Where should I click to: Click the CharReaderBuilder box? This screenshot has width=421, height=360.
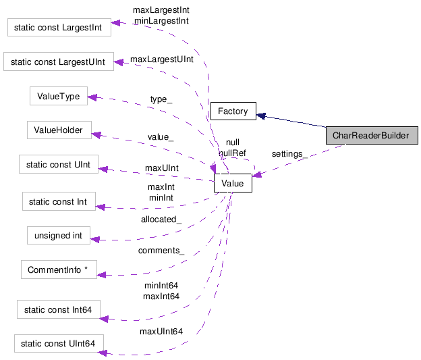[x=370, y=136]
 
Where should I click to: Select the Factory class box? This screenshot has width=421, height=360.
[x=233, y=111]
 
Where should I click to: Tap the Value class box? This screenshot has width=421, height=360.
[x=232, y=183]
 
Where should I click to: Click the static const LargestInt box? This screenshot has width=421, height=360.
[x=59, y=28]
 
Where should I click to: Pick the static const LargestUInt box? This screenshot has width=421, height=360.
[x=59, y=62]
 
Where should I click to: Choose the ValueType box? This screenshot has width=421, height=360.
[x=59, y=97]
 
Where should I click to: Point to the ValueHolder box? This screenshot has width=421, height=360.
[x=59, y=131]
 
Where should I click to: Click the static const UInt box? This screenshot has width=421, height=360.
[x=59, y=164]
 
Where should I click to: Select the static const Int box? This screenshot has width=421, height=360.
[x=59, y=201]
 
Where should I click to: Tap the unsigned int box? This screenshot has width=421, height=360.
[x=59, y=236]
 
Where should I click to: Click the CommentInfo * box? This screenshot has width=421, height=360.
[x=59, y=270]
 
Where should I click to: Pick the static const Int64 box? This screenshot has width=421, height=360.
[x=59, y=310]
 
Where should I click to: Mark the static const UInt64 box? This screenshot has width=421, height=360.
[x=59, y=344]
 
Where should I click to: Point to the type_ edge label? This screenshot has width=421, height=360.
[x=161, y=99]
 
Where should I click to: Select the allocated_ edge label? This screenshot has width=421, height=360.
[x=161, y=220]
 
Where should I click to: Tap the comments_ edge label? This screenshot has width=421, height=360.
[x=161, y=251]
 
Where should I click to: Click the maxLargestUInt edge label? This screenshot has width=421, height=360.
[x=162, y=59]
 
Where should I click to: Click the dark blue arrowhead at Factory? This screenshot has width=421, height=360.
[x=261, y=115]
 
